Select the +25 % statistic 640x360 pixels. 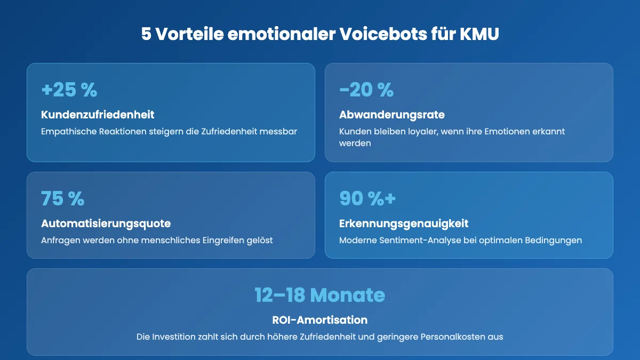tap(69, 90)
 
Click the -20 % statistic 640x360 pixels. tap(366, 90)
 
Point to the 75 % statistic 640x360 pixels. tap(63, 198)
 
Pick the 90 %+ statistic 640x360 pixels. tap(368, 198)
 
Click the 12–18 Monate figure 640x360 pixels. tap(320, 295)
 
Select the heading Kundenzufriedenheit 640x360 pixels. tap(98, 115)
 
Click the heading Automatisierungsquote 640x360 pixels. tap(106, 223)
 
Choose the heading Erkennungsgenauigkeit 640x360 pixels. tap(404, 223)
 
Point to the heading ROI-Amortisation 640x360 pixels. tap(320, 320)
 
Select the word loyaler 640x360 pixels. tap(411, 131)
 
